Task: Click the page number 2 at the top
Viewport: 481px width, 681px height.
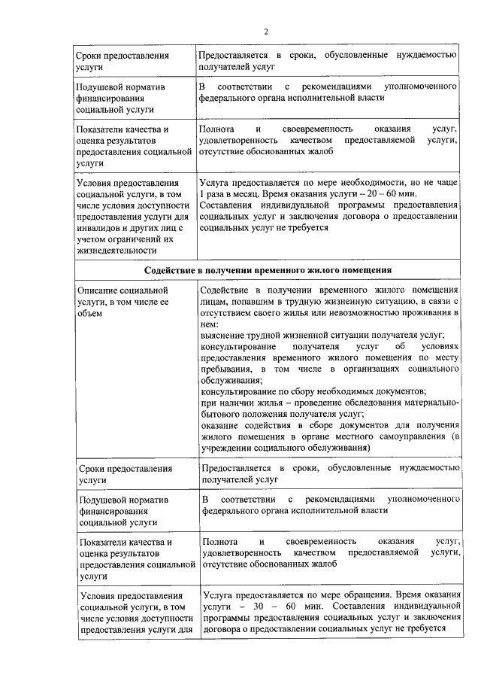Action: [x=265, y=31]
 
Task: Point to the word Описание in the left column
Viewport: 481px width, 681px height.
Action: [x=98, y=290]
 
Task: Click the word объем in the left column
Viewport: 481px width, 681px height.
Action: [x=89, y=313]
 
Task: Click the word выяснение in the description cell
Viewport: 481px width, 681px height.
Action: [x=224, y=335]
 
